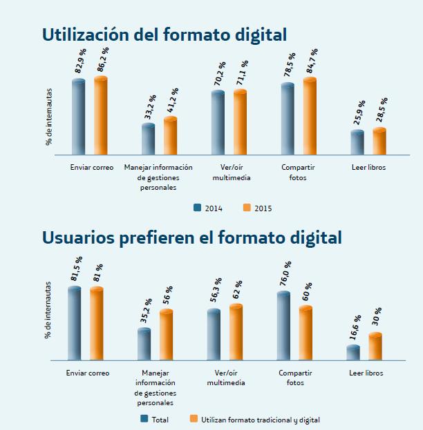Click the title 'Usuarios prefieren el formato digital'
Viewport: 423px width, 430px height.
(x=191, y=237)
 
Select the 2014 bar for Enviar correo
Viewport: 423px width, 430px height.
(x=79, y=117)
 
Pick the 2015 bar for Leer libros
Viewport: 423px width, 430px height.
(x=379, y=141)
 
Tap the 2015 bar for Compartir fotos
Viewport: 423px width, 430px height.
(x=310, y=116)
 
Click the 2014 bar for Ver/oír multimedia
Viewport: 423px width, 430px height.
(x=218, y=122)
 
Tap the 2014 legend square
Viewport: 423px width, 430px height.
(x=198, y=206)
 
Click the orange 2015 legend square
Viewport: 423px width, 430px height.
(x=247, y=206)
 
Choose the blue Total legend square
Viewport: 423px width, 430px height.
(x=144, y=418)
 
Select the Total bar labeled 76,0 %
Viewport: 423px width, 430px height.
(x=283, y=326)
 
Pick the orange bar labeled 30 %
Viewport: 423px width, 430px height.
(x=375, y=346)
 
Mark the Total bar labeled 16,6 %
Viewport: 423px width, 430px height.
(x=353, y=353)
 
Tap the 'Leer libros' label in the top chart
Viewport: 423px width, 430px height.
(x=368, y=168)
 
